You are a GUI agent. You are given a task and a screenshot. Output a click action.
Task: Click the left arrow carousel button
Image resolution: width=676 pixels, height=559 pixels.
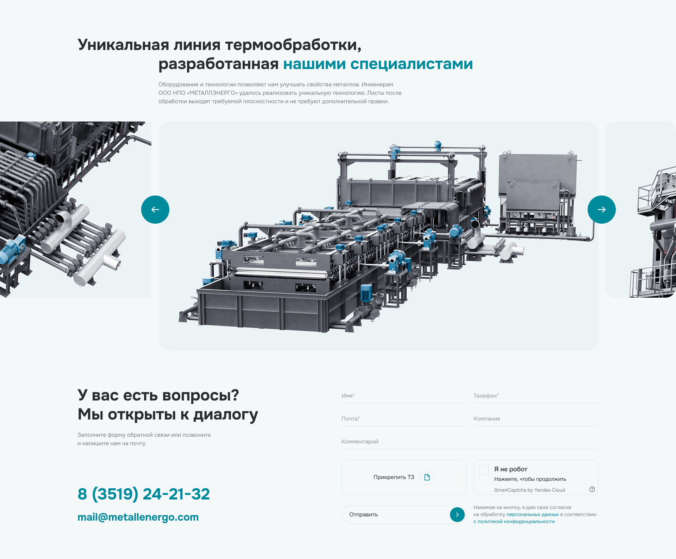click(155, 210)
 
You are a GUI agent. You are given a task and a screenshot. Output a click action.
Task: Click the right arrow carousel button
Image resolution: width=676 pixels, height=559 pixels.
click(602, 210)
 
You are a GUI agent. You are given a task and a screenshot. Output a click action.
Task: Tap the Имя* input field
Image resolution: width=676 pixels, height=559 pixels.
click(404, 396)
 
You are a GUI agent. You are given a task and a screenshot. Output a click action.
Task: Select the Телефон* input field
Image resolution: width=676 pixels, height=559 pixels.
click(536, 396)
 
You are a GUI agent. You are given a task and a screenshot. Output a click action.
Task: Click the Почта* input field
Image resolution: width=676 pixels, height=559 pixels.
click(404, 419)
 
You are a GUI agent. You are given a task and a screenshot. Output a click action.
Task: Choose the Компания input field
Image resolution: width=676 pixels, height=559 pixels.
click(536, 419)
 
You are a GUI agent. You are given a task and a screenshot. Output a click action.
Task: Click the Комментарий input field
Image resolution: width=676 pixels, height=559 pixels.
click(470, 442)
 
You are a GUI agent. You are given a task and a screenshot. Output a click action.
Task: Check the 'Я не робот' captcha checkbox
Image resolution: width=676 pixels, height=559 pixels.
click(484, 470)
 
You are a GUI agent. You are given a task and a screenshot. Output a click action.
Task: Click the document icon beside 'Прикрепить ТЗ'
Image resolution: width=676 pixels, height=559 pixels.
click(427, 477)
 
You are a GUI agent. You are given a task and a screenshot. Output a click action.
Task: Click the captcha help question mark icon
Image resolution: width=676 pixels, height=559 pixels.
click(592, 489)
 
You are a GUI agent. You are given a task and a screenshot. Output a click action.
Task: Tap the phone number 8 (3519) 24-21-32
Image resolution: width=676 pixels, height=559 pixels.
click(144, 494)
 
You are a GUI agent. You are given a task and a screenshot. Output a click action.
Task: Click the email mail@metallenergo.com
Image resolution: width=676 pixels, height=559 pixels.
click(138, 517)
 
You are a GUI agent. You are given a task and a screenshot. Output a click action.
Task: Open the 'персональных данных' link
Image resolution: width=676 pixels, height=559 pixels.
click(533, 515)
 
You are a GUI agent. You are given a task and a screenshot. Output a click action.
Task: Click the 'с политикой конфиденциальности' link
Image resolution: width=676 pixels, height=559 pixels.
click(514, 522)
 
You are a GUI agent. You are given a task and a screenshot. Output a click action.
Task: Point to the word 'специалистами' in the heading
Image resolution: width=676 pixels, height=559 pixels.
click(412, 64)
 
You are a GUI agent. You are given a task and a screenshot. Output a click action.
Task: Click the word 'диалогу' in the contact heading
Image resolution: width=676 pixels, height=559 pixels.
click(226, 415)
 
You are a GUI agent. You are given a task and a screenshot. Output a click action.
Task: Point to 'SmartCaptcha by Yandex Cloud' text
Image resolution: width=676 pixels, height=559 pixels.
click(530, 490)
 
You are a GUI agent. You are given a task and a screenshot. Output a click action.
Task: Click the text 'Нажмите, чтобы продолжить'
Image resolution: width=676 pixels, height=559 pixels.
click(530, 479)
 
